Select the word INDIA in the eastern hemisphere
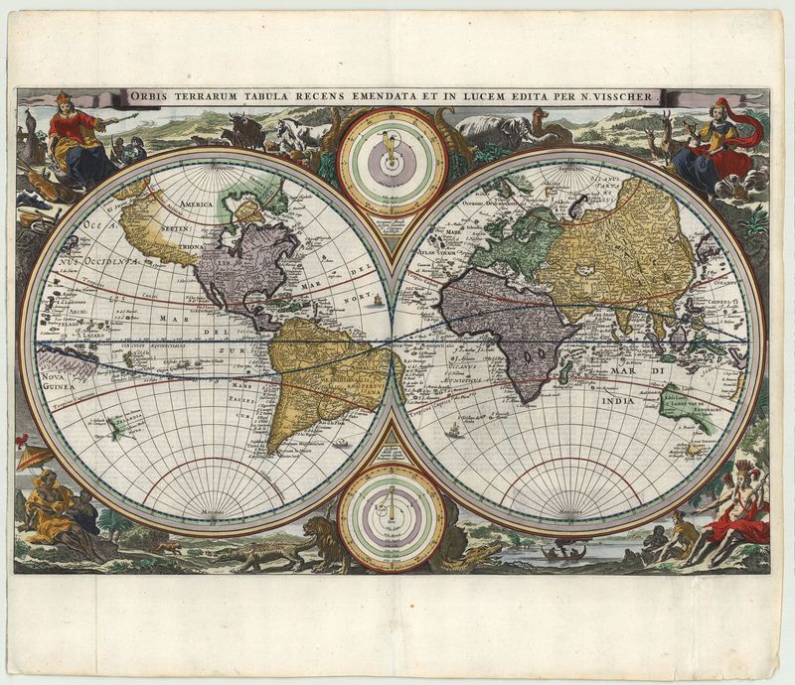pos(619,400)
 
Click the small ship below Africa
pos(454,429)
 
